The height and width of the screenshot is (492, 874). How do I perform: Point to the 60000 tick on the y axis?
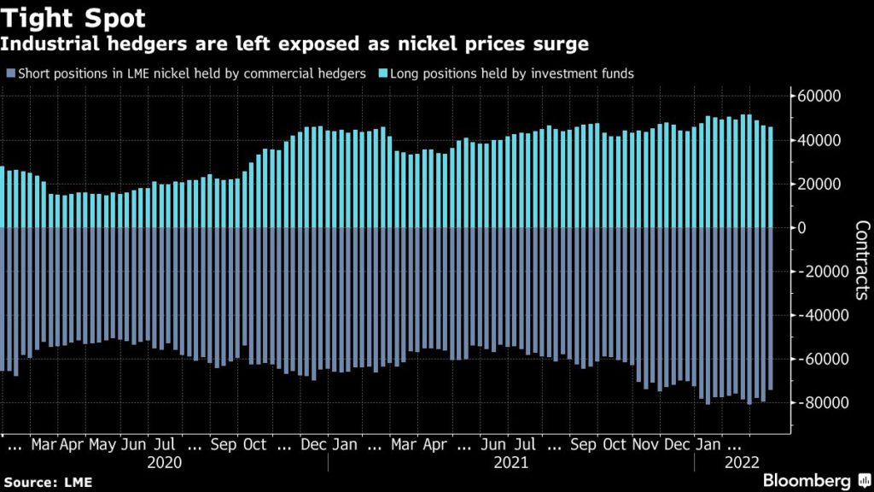(x=819, y=96)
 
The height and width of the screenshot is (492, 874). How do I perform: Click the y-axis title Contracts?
(x=860, y=260)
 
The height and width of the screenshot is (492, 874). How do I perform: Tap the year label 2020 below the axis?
(x=164, y=463)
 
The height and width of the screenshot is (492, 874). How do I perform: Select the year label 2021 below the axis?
(x=511, y=463)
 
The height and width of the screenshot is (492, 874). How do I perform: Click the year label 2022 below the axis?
(x=739, y=463)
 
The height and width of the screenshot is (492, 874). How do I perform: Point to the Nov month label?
(x=645, y=445)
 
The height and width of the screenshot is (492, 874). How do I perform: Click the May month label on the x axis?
(x=102, y=445)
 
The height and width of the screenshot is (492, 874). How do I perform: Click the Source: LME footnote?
(x=46, y=483)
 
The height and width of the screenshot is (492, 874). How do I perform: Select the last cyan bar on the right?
(x=771, y=178)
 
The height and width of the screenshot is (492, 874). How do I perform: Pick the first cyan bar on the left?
(x=3, y=197)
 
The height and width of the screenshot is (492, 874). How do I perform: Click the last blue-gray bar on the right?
(x=771, y=308)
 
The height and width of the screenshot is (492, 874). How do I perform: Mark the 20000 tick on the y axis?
(x=819, y=184)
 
